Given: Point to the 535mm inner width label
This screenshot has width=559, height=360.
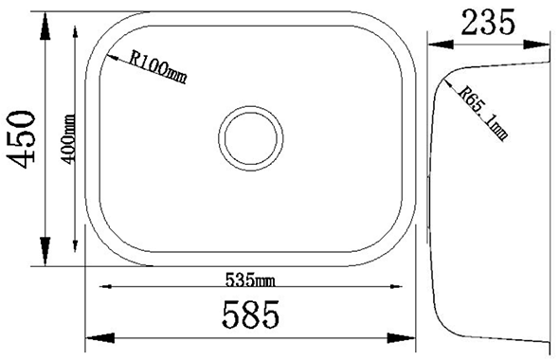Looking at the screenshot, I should pos(250,279).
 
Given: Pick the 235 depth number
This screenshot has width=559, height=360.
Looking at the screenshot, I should pos(487,21).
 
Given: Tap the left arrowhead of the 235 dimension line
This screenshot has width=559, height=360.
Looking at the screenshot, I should pos(434,43).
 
